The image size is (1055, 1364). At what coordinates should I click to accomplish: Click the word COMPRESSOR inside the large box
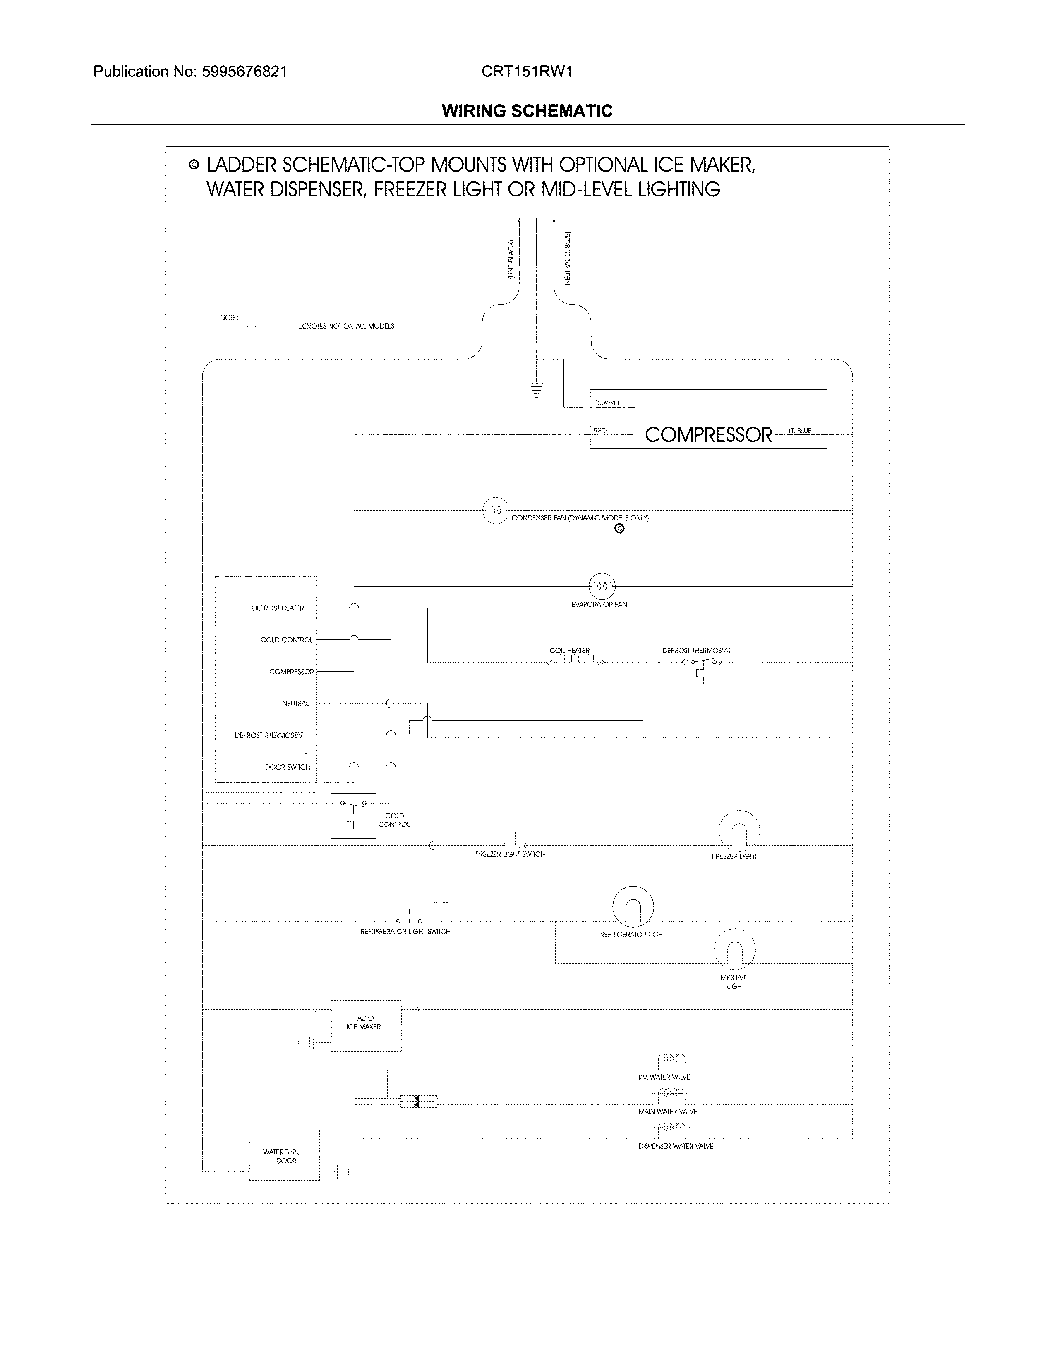[x=708, y=435]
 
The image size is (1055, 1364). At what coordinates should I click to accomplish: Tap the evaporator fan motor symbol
[x=602, y=586]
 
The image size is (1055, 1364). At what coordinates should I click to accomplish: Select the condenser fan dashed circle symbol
[x=496, y=511]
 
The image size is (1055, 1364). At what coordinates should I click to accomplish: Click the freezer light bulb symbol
[x=739, y=831]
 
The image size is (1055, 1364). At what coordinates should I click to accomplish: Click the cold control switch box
[x=353, y=815]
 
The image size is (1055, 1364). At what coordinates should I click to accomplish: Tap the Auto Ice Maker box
[x=366, y=1025]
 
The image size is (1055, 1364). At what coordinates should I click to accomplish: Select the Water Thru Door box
[x=284, y=1155]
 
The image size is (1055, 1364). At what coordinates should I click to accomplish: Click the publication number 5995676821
[x=245, y=72]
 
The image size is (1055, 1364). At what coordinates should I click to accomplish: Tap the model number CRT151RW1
[x=527, y=72]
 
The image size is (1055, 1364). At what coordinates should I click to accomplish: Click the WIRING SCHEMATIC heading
[x=527, y=111]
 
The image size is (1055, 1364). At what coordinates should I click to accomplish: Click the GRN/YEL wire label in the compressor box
[x=607, y=403]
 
